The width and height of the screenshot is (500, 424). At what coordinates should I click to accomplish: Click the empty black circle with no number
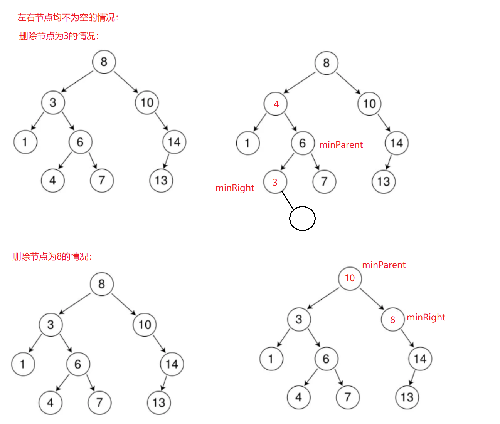(x=302, y=218)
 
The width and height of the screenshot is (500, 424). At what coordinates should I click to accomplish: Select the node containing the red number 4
(x=276, y=104)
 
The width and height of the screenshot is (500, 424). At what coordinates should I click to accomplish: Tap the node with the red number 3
(x=275, y=182)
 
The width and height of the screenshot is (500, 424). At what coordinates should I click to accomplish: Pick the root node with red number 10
(x=350, y=278)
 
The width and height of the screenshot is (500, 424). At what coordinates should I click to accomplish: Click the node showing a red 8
(x=392, y=320)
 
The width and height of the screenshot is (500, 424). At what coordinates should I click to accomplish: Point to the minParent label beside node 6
(x=341, y=145)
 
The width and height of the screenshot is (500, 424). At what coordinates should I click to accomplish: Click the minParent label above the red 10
(x=384, y=265)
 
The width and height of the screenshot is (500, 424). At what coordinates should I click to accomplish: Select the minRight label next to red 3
(x=235, y=188)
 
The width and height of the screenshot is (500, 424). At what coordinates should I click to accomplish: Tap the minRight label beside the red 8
(x=426, y=317)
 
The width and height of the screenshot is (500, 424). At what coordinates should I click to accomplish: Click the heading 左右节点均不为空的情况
(x=68, y=17)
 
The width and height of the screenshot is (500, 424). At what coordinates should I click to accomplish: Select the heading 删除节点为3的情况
(x=59, y=36)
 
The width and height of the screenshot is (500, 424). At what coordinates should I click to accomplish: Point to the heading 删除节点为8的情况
(x=52, y=256)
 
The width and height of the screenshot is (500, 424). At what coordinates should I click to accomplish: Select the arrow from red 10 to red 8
(x=372, y=299)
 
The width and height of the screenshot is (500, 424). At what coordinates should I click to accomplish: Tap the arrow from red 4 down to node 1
(x=260, y=122)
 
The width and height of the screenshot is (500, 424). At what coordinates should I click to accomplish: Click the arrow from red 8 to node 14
(x=407, y=338)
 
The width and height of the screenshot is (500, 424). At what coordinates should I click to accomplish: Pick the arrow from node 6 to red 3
(x=288, y=162)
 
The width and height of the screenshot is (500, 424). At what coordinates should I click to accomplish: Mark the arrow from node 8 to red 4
(x=300, y=83)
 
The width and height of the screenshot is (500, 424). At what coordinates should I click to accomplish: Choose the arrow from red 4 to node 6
(x=290, y=122)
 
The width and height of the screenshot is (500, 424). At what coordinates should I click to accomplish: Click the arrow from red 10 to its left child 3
(x=323, y=298)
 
